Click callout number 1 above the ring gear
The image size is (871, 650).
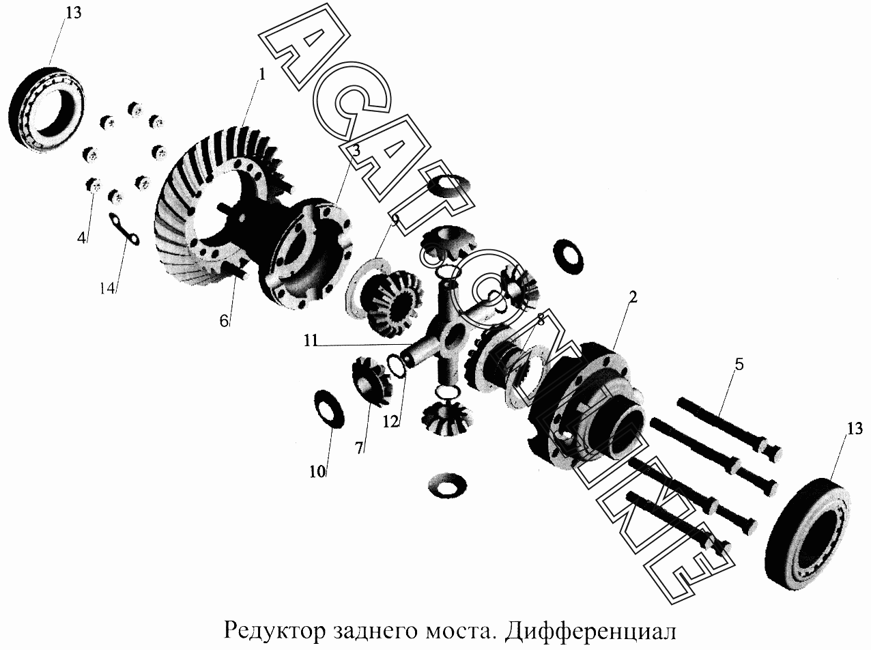coord(261,74)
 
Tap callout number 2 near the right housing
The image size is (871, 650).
coord(633,297)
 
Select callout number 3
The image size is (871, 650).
coord(356,150)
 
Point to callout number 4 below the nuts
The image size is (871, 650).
coord(81,238)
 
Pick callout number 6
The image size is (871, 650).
coord(224,321)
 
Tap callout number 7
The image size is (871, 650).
coord(359,448)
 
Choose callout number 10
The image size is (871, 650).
coord(317,471)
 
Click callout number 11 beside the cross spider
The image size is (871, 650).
coord(311,341)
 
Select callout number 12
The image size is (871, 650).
coord(390,422)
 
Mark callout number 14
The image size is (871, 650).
coord(108,288)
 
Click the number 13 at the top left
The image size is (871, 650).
coord(74,13)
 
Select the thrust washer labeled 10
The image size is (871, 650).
coord(329,409)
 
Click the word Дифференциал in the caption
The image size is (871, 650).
coord(590,630)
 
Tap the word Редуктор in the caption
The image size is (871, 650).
coord(274,631)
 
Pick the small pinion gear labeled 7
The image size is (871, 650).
coord(371,381)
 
